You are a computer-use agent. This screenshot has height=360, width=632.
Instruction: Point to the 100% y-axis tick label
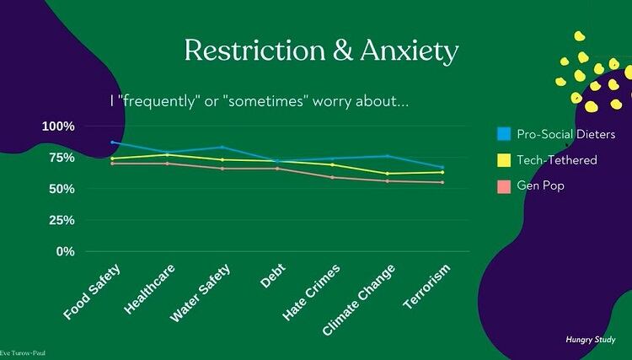pos(58,126)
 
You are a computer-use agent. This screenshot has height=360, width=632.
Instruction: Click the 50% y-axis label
pos(62,189)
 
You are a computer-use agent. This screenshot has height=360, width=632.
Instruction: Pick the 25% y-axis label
pos(62,220)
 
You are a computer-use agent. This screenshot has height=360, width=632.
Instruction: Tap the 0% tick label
pos(66,251)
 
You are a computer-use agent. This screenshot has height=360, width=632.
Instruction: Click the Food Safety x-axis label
pos(93,292)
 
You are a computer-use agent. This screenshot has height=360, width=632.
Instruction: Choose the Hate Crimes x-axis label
pos(312,292)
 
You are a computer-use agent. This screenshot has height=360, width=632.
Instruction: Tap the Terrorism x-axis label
pos(427,287)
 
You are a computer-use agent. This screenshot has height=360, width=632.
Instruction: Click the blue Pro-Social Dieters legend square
pos(504,134)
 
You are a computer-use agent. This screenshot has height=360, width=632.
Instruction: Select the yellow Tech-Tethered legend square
pos(504,159)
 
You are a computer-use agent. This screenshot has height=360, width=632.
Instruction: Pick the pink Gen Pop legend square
pos(504,185)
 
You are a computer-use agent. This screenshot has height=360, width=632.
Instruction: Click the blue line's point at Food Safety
pos(112,142)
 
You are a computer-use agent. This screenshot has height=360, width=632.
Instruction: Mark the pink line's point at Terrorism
pos(442,182)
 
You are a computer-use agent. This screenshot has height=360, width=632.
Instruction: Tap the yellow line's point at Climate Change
pos(387,174)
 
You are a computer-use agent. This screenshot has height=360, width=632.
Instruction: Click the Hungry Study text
pos(590,339)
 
